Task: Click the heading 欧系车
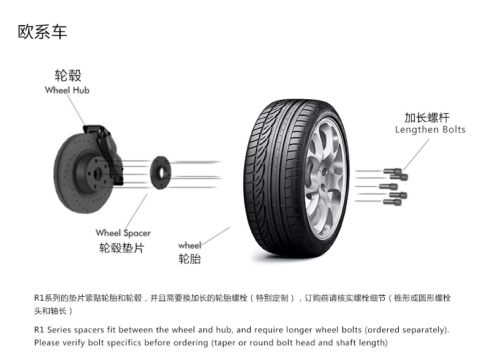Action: tap(42, 32)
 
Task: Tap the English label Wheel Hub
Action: tap(67, 90)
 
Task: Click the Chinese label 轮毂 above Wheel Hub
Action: tap(68, 75)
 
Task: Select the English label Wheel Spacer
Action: tap(123, 233)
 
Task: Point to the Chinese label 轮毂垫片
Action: tap(122, 248)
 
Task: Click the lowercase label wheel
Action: tap(189, 246)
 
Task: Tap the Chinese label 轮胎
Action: tap(189, 258)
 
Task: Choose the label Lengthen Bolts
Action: tap(430, 130)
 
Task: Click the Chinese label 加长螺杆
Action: tap(427, 118)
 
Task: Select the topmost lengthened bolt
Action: tap(393, 171)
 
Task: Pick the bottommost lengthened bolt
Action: tap(392, 203)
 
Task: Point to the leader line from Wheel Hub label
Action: tap(76, 110)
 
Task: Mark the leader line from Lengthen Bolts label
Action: tap(416, 154)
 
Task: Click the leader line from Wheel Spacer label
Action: tap(136, 211)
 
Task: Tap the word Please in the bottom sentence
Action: tap(47, 343)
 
